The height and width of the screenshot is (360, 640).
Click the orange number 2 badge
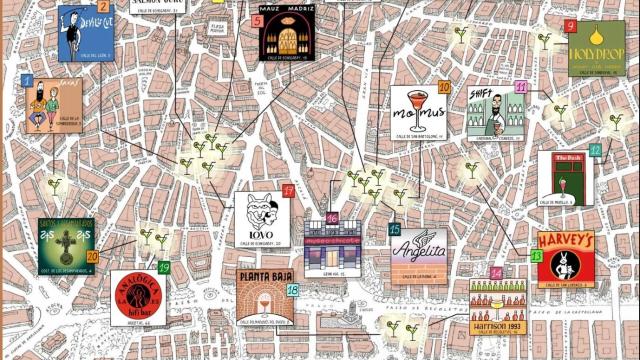tap(103, 8)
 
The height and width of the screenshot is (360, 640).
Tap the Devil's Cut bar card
tap(84, 33)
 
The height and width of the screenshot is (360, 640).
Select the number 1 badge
tap(27, 80)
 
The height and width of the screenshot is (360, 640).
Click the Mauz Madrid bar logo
tap(287, 32)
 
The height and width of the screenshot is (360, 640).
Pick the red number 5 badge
tap(258, 20)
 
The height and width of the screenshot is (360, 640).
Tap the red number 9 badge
tap(570, 27)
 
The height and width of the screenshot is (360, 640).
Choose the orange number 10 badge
tap(444, 88)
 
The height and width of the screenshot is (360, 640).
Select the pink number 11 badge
tap(521, 88)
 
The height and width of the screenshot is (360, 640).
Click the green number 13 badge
tap(537, 257)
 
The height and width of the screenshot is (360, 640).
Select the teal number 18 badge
tap(293, 290)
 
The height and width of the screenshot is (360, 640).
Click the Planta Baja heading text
tap(265, 277)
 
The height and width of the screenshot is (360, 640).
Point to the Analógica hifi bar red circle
tap(135, 297)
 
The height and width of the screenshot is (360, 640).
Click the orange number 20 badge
tap(92, 257)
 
